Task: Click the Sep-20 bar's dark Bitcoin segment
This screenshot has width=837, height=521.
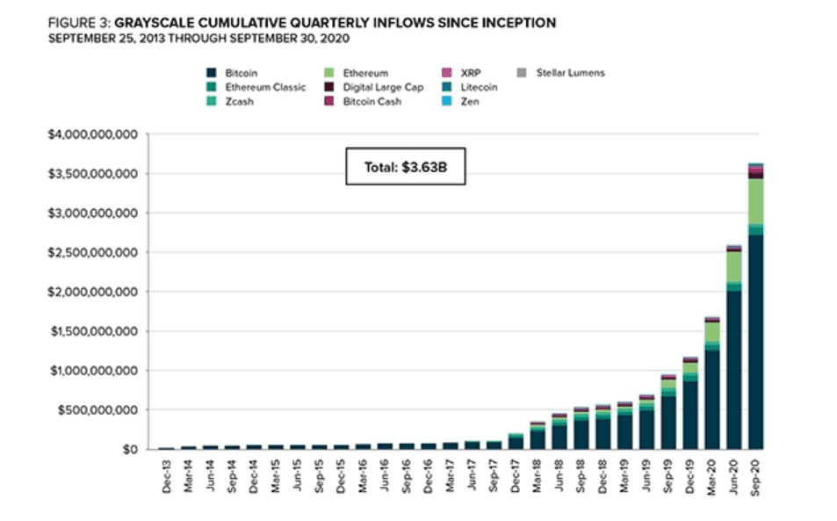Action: [x=755, y=343]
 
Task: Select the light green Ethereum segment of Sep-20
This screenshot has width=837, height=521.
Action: [x=755, y=201]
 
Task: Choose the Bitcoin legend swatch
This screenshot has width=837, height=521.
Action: [x=212, y=73]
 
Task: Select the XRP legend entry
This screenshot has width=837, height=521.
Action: [x=473, y=73]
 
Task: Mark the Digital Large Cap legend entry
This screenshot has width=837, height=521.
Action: [x=381, y=88]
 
